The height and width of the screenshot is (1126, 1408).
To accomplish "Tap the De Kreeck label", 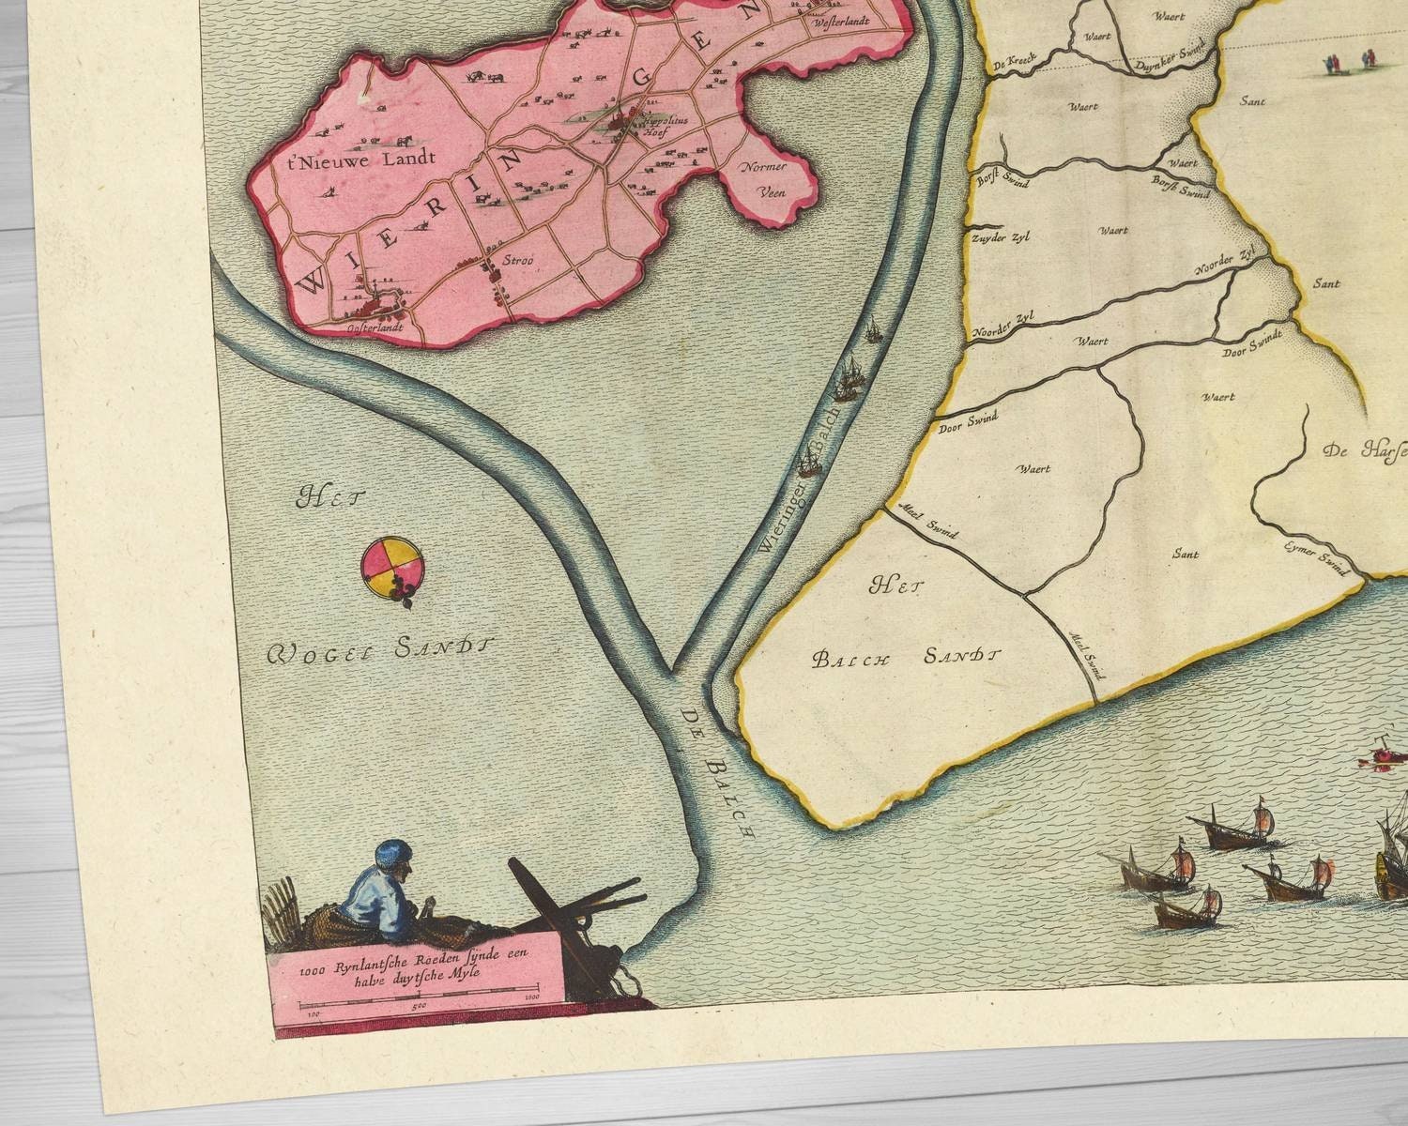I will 1012,65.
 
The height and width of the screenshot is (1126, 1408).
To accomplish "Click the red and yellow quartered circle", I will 391,566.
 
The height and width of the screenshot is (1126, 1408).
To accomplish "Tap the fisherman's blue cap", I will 391,855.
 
